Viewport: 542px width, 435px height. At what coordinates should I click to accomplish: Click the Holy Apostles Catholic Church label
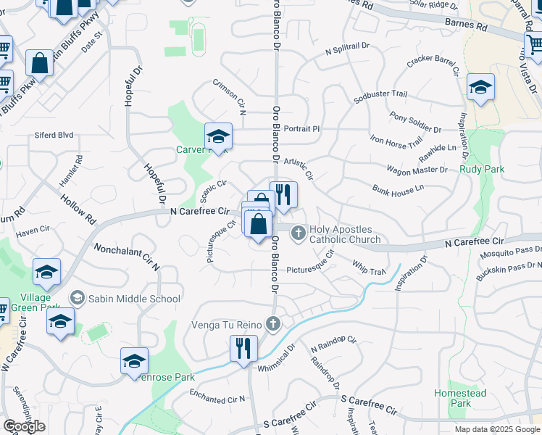[x=345, y=234]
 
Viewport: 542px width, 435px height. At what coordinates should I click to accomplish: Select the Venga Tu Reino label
[x=229, y=324]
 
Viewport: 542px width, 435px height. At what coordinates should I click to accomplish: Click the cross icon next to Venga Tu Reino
[x=272, y=323]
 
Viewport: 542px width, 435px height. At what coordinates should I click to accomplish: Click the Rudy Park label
[x=481, y=170]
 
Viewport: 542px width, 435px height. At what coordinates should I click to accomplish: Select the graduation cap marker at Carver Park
[x=217, y=136]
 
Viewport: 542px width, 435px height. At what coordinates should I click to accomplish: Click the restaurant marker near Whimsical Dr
[x=243, y=349]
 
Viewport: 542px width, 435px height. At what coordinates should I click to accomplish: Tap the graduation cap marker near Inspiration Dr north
[x=480, y=88]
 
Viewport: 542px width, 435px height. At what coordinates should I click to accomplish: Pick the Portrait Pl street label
[x=301, y=129]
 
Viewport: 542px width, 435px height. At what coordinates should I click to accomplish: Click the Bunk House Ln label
[x=398, y=189]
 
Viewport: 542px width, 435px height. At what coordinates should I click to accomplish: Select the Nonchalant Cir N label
[x=126, y=257]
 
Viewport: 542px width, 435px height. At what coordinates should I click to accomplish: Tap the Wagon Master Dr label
[x=417, y=170]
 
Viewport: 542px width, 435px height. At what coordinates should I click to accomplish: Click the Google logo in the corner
[x=24, y=426]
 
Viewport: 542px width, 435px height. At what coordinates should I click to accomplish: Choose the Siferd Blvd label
[x=54, y=135]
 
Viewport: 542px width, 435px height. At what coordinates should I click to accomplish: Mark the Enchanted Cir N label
[x=217, y=396]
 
